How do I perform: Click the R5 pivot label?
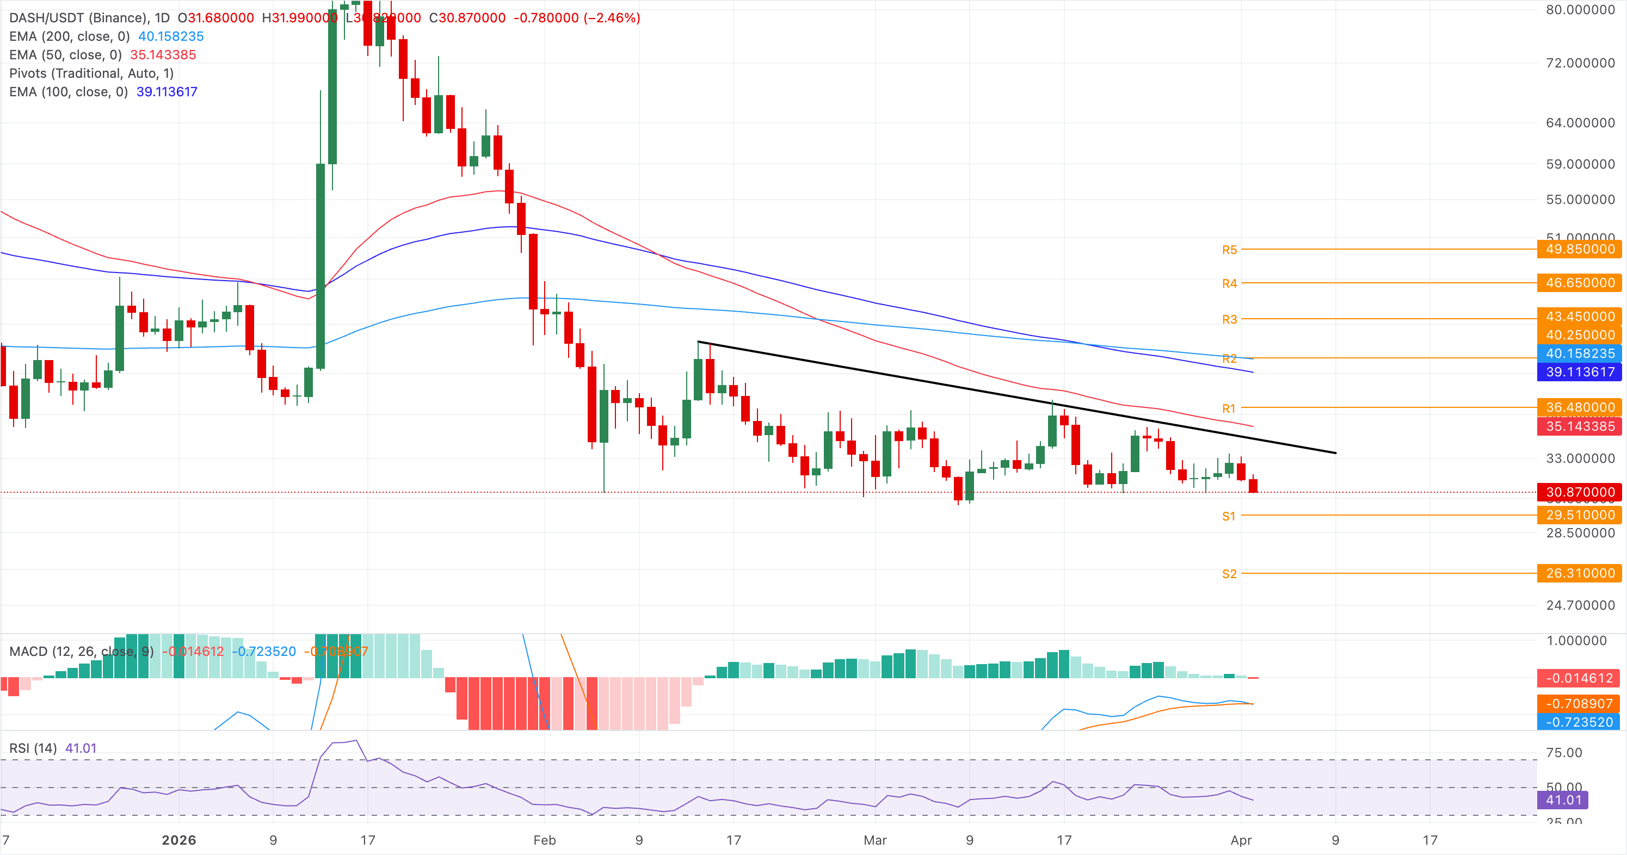tap(1229, 250)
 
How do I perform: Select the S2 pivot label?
tap(1229, 574)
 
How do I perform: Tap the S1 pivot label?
tap(1229, 517)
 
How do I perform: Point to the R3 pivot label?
tap(1229, 319)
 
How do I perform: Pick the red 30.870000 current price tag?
tap(1580, 492)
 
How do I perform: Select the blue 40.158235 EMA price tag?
tap(1580, 354)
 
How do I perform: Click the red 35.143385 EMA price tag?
tap(1580, 426)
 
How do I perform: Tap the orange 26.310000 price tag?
tap(1580, 573)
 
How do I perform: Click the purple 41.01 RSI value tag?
tap(1563, 800)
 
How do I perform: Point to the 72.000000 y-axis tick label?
tap(1580, 63)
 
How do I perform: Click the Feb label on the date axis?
tap(545, 840)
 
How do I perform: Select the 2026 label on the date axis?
tap(178, 840)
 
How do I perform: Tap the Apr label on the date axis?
tap(1241, 840)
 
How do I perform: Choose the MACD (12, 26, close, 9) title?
tap(82, 652)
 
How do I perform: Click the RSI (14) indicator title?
tap(33, 748)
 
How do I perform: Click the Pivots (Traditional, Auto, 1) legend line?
tap(91, 73)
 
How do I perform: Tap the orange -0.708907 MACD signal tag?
tap(1579, 703)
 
